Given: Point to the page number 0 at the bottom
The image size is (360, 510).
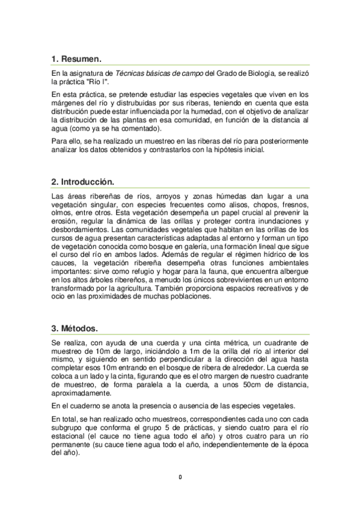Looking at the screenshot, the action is (x=180, y=478).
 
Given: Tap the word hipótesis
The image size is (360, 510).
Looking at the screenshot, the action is (x=230, y=150).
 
